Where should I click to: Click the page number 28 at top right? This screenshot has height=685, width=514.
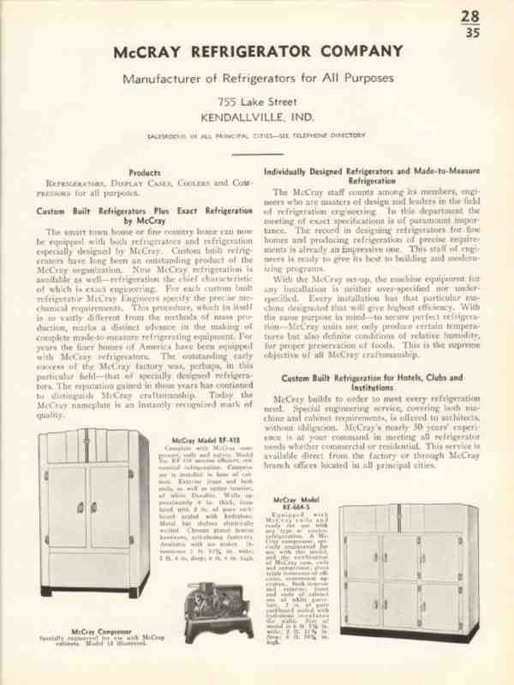coord(470,16)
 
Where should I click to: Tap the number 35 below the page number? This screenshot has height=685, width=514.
coord(471,34)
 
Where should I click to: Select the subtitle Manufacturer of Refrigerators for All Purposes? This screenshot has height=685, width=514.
coord(257,80)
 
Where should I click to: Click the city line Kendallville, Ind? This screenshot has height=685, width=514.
coord(257,117)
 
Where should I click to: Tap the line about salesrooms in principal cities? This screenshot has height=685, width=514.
coord(257,135)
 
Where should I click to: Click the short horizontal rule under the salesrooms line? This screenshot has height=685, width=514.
coord(257,154)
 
